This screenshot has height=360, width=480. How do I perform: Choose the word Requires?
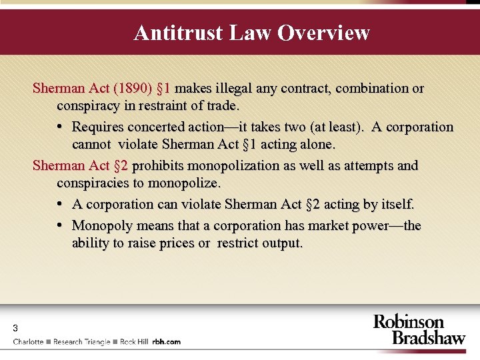coord(100,127)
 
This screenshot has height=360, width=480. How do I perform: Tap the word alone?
coord(315,144)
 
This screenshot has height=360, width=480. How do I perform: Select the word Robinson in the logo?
coord(408,322)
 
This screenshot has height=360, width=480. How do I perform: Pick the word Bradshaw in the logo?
coord(428,337)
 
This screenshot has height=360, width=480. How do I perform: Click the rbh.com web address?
coord(166,341)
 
